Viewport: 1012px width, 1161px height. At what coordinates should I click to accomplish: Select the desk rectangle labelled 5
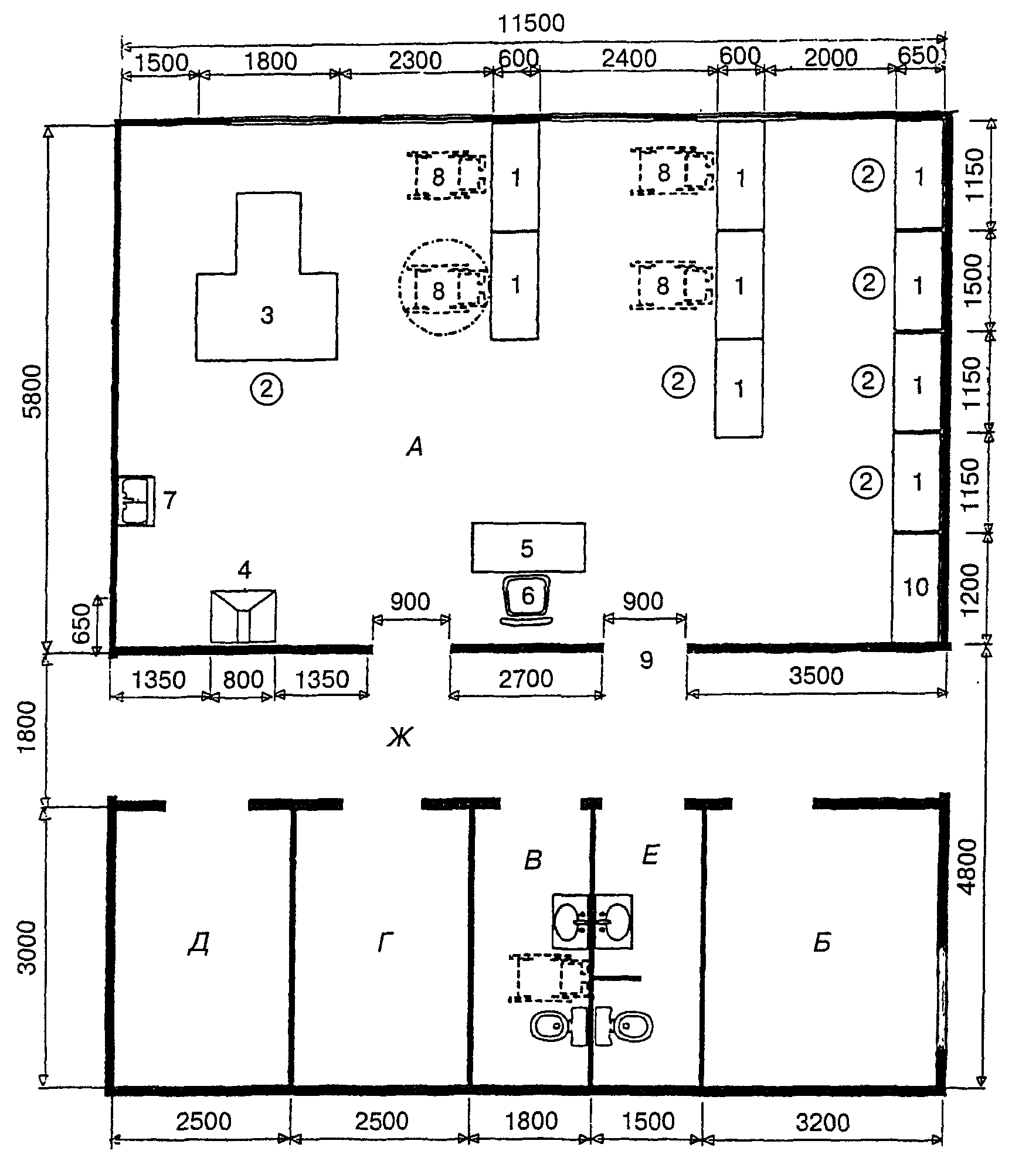click(x=528, y=547)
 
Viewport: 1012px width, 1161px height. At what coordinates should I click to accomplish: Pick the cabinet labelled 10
click(x=915, y=586)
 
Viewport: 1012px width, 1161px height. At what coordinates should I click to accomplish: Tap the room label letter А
click(x=415, y=448)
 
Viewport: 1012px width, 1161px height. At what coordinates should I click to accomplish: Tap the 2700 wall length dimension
click(x=526, y=678)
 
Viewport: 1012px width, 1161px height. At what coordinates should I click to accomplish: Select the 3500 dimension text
click(x=816, y=675)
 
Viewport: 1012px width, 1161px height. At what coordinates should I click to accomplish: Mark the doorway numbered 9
click(x=646, y=660)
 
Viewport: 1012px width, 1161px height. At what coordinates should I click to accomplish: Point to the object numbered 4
click(x=243, y=616)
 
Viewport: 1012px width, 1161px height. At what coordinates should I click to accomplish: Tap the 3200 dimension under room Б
click(x=823, y=1122)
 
